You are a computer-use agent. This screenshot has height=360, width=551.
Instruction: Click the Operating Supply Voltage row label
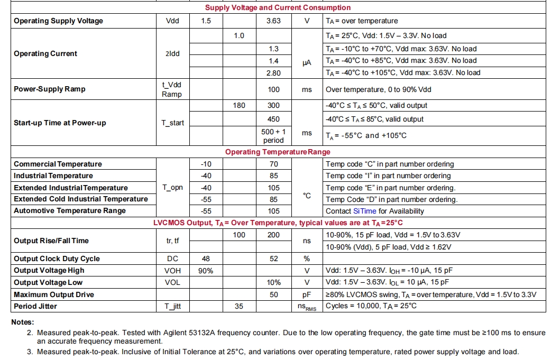58,21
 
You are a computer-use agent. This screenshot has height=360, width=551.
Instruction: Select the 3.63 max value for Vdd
273,21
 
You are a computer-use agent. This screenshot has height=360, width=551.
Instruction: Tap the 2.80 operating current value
273,73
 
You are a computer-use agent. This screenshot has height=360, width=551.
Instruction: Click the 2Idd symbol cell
172,54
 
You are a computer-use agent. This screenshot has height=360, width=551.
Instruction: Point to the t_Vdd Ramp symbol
172,89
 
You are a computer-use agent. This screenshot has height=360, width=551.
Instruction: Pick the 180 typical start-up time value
239,106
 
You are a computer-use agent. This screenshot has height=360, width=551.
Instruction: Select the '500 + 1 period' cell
273,136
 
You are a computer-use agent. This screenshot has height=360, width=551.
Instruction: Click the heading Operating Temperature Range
278,152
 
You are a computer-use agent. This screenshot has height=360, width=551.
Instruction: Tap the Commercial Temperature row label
58,164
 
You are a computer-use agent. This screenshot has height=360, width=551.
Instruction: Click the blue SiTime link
365,211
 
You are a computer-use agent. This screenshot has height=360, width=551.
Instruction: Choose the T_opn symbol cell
172,188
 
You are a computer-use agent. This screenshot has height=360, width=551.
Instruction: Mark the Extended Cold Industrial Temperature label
81,199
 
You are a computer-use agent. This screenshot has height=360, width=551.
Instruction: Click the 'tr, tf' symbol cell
172,241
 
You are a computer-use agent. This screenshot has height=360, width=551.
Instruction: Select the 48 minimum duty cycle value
206,259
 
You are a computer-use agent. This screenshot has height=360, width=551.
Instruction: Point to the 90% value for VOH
206,271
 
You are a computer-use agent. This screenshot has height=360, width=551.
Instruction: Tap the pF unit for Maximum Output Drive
307,294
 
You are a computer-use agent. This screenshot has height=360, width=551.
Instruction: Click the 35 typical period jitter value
239,306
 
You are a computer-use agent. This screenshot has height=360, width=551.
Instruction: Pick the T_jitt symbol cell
172,306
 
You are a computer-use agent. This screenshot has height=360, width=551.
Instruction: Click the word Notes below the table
23,322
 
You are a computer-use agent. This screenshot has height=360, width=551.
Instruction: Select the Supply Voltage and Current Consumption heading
278,8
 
